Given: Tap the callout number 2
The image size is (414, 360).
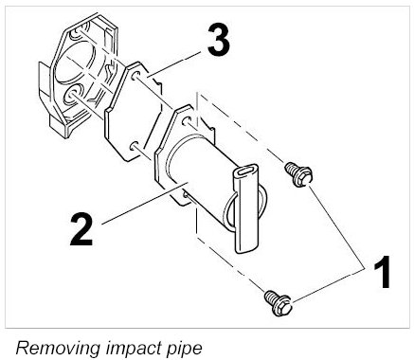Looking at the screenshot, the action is [81, 229].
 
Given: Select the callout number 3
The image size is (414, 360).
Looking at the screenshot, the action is [219, 40].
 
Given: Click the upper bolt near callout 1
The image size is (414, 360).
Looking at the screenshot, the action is [298, 174].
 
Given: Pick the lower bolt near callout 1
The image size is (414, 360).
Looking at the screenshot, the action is [278, 303].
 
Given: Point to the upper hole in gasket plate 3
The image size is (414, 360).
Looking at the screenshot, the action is [135, 76].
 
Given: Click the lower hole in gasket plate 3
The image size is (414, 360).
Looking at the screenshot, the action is [134, 146].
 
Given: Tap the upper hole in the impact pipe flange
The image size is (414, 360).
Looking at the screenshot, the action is [187, 121].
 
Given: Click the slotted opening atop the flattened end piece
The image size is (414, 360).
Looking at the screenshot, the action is [247, 171].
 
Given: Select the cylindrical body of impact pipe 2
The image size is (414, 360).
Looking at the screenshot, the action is [202, 177].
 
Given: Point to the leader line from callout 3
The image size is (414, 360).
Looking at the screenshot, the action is [173, 63].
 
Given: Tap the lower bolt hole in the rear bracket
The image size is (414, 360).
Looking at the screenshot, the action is [72, 95].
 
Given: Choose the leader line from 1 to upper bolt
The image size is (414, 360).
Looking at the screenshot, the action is [336, 227].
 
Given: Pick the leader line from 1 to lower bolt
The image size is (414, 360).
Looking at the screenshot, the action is [329, 285].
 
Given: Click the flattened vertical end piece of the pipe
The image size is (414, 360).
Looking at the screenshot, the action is [246, 208].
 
